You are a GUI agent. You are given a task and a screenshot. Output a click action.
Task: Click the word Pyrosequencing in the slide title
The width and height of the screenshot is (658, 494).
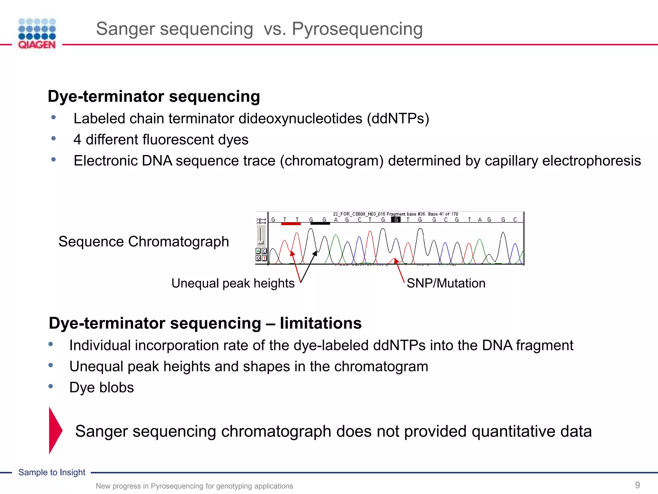357,29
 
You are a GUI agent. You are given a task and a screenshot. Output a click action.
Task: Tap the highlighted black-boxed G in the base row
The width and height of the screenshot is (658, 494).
396,220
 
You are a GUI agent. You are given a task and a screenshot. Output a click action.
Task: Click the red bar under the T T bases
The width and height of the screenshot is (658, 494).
291,224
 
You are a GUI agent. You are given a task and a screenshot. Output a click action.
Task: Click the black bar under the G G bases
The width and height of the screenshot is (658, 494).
320,224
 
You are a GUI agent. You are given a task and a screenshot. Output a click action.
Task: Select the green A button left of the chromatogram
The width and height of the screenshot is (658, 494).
258,251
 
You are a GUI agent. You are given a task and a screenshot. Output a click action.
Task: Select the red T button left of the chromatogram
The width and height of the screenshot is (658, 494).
264,258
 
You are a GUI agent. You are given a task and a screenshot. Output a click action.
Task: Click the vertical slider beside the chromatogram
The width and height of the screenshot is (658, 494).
261,235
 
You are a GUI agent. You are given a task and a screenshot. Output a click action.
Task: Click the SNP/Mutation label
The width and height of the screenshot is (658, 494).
446,283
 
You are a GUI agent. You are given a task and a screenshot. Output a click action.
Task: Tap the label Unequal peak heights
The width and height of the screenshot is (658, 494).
233,283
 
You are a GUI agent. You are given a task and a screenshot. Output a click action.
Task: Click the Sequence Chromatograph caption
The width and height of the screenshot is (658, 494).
144,242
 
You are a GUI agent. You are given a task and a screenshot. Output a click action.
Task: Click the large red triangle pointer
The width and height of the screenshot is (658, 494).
55,430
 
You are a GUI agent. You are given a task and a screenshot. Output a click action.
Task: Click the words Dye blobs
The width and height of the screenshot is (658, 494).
102,388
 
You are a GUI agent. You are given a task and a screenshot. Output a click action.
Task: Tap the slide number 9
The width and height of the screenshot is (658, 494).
637,485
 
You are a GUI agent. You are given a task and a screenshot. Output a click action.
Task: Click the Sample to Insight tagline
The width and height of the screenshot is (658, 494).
52,472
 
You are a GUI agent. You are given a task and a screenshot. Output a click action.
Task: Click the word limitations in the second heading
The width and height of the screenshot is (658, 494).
320,323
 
